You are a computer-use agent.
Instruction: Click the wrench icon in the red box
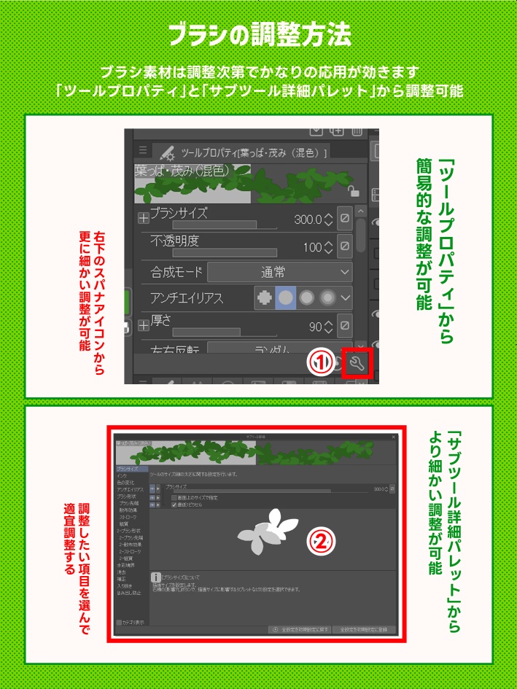[x=357, y=364]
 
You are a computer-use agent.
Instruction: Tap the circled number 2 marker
[x=322, y=540]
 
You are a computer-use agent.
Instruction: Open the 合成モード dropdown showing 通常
[x=280, y=272]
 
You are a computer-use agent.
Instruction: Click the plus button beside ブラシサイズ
[x=143, y=217]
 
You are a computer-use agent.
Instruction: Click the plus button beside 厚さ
[x=143, y=324]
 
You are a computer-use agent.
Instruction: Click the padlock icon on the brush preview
[x=353, y=191]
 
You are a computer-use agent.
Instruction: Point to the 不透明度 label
[x=174, y=240]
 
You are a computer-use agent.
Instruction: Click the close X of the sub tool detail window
[x=394, y=437]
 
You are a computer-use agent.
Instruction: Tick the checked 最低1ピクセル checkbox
[x=174, y=504]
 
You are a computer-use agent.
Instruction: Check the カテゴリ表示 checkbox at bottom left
[x=120, y=623]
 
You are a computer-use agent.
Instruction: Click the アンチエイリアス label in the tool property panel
[x=187, y=297]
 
